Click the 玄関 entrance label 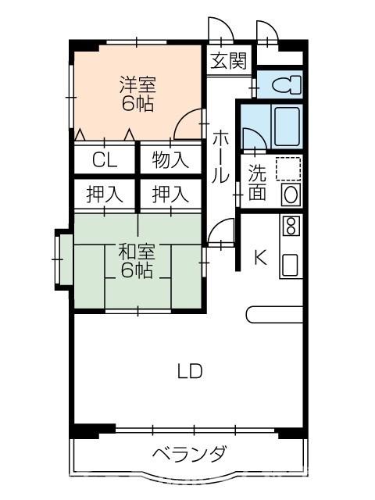(229, 61)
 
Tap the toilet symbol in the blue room (286, 85)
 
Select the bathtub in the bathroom (287, 127)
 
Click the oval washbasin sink (291, 195)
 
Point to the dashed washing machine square (288, 169)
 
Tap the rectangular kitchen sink (290, 266)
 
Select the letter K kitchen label (260, 257)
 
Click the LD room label (190, 371)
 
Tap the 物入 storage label (170, 159)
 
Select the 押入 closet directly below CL (105, 194)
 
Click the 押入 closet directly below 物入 (170, 194)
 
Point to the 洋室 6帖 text (137, 94)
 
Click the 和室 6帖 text (137, 260)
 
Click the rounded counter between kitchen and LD (274, 315)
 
